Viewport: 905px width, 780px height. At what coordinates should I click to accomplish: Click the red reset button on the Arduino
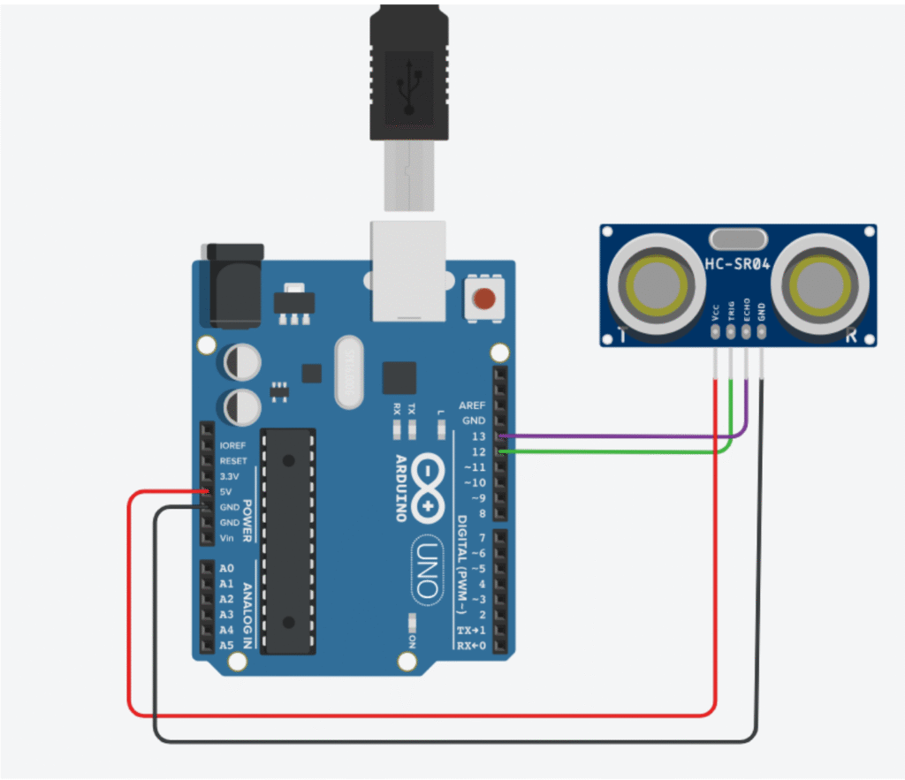pyautogui.click(x=483, y=298)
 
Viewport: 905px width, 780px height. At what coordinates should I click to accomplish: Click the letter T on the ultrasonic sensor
pyautogui.click(x=622, y=335)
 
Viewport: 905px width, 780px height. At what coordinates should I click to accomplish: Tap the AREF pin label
pyautogui.click(x=472, y=405)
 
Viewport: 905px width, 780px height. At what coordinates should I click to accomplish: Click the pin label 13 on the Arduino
pyautogui.click(x=478, y=436)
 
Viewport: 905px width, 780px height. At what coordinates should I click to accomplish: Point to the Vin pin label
pyautogui.click(x=227, y=538)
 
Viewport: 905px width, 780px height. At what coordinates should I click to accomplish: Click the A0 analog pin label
pyautogui.click(x=226, y=569)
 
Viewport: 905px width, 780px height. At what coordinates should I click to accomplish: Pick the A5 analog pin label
pyautogui.click(x=226, y=645)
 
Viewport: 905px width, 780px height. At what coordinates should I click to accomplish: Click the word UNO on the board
pyautogui.click(x=426, y=574)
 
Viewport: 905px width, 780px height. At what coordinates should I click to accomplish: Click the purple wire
pyautogui.click(x=619, y=435)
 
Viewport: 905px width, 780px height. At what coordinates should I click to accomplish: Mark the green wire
pyautogui.click(x=619, y=452)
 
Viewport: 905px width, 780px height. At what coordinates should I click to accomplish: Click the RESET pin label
pyautogui.click(x=233, y=461)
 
